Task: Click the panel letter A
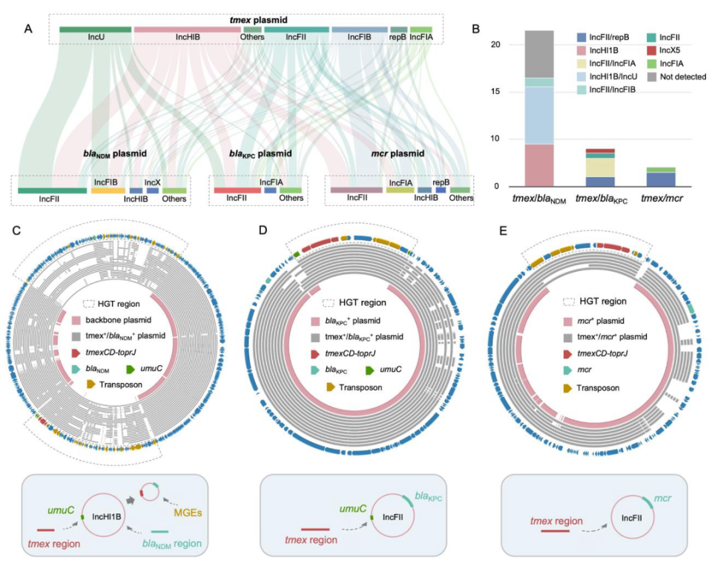(x=28, y=30)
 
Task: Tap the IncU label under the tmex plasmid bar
(x=96, y=37)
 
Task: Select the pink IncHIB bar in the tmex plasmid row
(x=187, y=30)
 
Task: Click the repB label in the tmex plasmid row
(x=398, y=37)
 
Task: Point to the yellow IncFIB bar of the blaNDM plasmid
(x=108, y=190)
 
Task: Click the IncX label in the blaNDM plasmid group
(x=153, y=182)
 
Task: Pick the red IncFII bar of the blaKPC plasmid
(x=237, y=190)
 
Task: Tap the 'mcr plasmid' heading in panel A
(x=398, y=154)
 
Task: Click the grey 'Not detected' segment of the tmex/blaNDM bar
(x=539, y=54)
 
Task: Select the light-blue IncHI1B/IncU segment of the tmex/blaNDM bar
(x=539, y=116)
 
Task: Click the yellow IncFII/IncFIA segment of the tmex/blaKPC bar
(x=600, y=167)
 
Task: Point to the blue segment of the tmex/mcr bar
(x=661, y=179)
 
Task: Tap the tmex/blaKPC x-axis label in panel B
(x=601, y=199)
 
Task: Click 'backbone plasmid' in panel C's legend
(x=119, y=320)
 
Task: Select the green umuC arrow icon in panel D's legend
(x=369, y=370)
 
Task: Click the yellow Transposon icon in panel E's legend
(x=567, y=388)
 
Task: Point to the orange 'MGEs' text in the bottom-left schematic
(x=188, y=513)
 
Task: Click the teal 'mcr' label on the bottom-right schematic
(x=662, y=499)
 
